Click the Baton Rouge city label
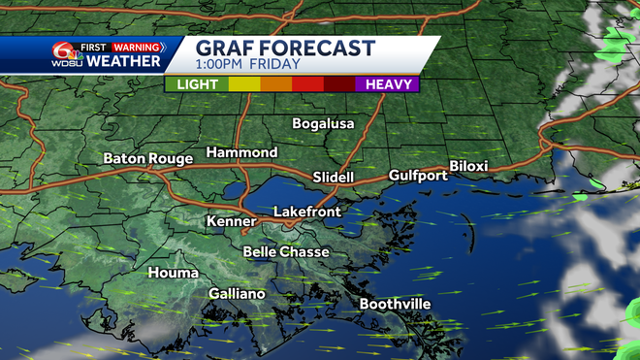coord(145,158)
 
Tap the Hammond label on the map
coord(241,153)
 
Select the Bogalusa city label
coord(324,123)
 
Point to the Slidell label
coord(336,178)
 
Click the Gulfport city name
coord(418,176)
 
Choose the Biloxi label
coord(468,166)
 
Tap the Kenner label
coord(231,221)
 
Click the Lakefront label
coord(307,212)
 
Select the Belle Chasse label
coord(286,252)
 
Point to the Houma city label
coord(173,273)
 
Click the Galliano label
coord(237,294)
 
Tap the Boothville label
coord(395,304)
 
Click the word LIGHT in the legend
coord(196,84)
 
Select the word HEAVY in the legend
coord(386,84)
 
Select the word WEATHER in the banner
coord(123,62)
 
